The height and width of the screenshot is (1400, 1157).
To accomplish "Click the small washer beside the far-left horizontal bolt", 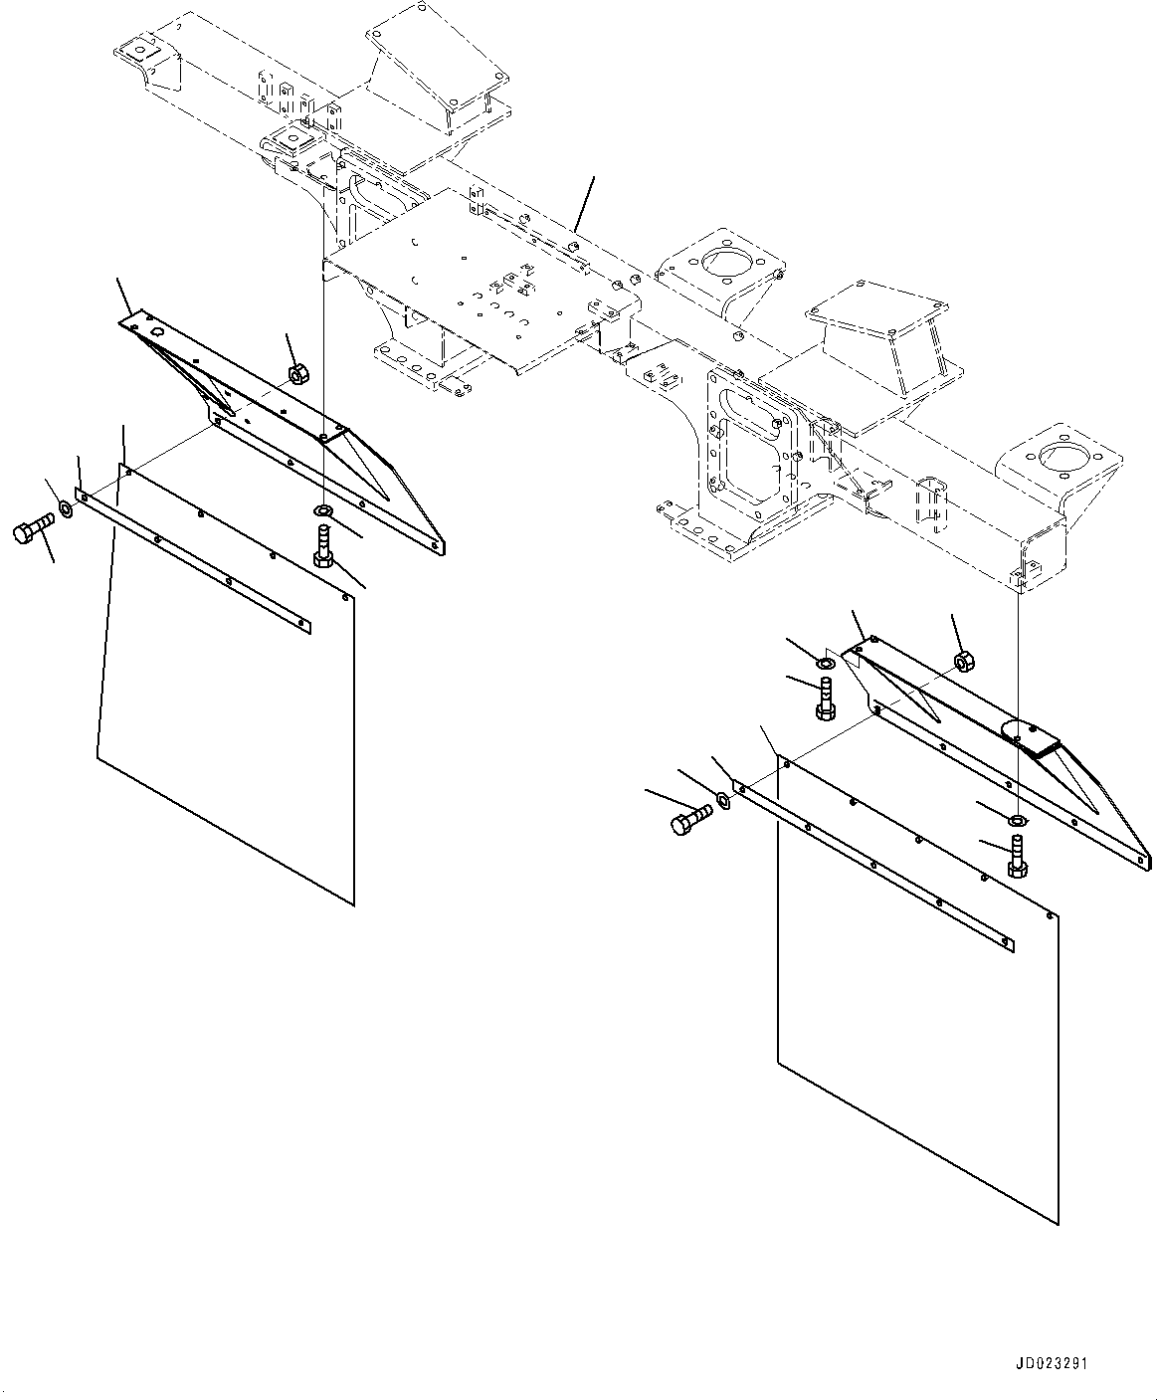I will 66,509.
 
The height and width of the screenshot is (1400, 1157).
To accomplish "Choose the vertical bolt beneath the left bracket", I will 323,546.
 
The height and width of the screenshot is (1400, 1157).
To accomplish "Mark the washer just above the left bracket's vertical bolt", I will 324,511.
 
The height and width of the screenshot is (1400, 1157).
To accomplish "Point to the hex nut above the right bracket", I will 962,661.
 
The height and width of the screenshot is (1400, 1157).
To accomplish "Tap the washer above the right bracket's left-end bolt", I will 827,664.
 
